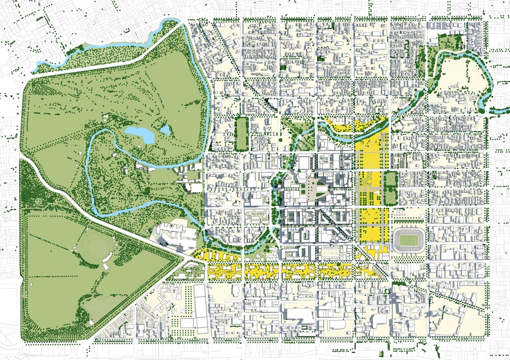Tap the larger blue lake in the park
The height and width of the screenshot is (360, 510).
[139, 133]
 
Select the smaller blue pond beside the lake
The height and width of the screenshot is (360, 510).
[165, 130]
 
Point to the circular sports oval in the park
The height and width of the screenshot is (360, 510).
[94, 246]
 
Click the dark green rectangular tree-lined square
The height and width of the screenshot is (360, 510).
[241, 134]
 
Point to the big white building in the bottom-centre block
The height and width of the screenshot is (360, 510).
[299, 315]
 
